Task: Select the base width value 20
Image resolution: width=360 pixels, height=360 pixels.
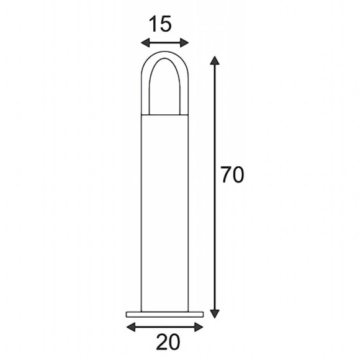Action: point(165,342)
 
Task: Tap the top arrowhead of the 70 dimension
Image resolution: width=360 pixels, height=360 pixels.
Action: point(215,60)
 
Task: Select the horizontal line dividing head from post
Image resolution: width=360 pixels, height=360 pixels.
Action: point(164,115)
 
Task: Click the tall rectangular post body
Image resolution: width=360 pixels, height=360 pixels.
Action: point(164,211)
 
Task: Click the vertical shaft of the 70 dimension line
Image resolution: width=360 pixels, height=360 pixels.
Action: point(215,236)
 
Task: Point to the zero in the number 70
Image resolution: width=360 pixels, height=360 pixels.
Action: point(239,176)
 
